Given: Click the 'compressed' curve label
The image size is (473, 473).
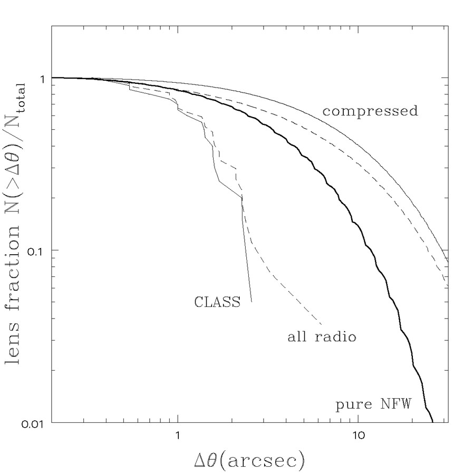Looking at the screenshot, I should (x=370, y=112).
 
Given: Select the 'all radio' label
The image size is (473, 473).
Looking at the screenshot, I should (x=322, y=336).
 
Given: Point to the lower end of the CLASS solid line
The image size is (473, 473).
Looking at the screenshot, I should (x=252, y=301).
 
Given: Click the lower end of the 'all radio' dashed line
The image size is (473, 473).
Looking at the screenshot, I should (x=322, y=323).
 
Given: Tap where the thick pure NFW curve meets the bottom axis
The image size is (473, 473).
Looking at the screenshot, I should (x=432, y=422).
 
